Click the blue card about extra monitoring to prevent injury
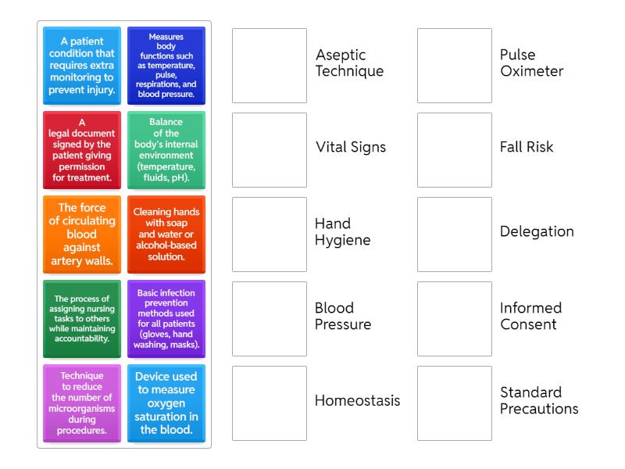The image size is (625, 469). click(x=82, y=66)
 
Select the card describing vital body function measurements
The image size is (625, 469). click(x=166, y=66)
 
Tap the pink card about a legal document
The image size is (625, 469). click(x=82, y=150)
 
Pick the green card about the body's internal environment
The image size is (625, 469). click(x=166, y=150)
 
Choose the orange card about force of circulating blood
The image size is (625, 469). click(x=82, y=234)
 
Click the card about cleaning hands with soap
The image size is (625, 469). click(x=166, y=234)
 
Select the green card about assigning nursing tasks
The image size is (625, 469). click(x=82, y=319)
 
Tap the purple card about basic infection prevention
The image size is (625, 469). click(x=166, y=319)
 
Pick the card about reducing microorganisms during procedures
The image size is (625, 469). click(x=82, y=403)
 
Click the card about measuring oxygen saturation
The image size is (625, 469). click(x=166, y=403)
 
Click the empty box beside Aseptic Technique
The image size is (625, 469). click(x=270, y=66)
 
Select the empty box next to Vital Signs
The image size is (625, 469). click(x=270, y=150)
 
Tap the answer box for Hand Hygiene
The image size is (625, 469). click(x=270, y=234)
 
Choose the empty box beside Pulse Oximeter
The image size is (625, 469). click(x=455, y=66)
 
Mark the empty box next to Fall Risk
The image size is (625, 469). click(x=455, y=150)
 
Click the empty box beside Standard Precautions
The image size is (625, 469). click(x=455, y=403)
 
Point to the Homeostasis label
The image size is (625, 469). click(x=357, y=401)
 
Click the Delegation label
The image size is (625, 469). click(x=537, y=231)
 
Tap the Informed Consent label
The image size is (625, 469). click(x=530, y=316)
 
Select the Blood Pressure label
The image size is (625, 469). click(x=343, y=316)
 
